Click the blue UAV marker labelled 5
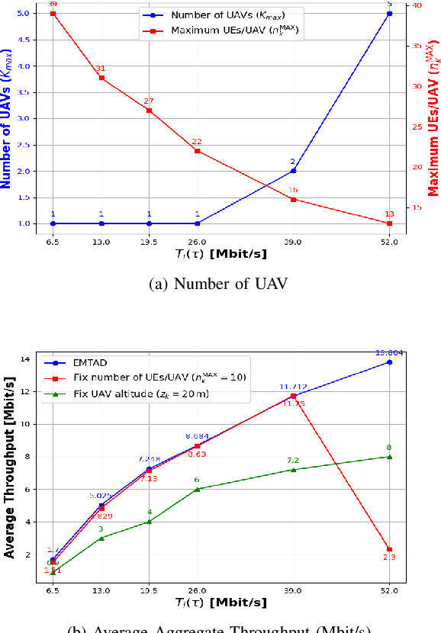click(x=389, y=13)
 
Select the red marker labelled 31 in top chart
click(x=101, y=78)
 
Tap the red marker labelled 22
click(x=197, y=151)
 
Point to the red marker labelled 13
click(x=389, y=223)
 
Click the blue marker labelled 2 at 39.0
click(x=293, y=171)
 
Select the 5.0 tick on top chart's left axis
click(x=26, y=13)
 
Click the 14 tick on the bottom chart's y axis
click(x=24, y=358)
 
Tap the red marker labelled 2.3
click(x=389, y=549)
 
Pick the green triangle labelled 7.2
click(x=293, y=470)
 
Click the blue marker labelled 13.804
click(x=389, y=362)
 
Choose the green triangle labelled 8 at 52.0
click(x=389, y=457)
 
